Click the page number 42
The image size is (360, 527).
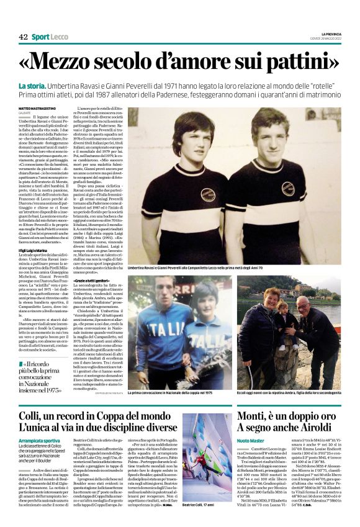point(23,37)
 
